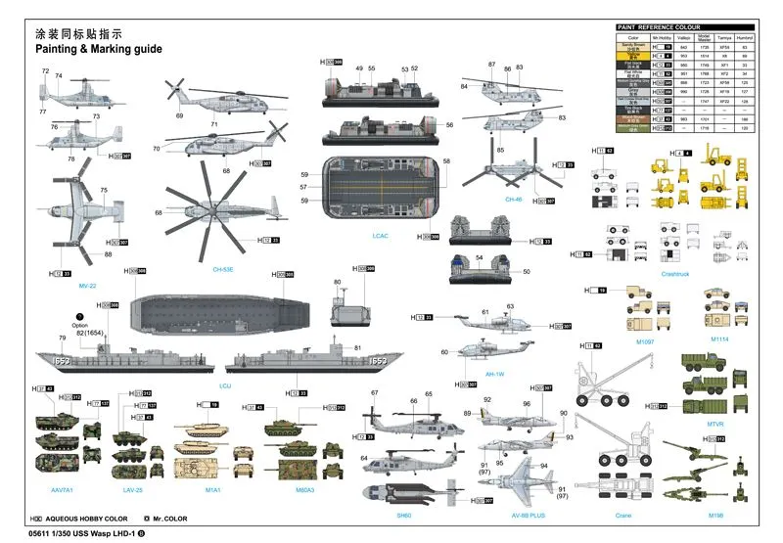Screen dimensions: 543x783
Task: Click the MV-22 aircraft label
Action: [87, 286]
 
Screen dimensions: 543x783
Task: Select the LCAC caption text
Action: [381, 236]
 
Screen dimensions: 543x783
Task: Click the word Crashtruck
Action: [676, 274]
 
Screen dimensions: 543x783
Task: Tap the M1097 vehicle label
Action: [644, 341]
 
